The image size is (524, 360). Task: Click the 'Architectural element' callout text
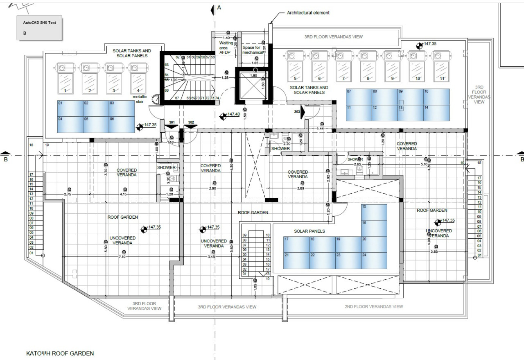(308, 13)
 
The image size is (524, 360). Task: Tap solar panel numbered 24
(374, 260)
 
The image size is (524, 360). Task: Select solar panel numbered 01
(70, 109)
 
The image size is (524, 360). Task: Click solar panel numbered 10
(436, 97)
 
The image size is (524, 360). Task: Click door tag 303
(297, 111)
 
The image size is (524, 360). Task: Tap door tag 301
(172, 122)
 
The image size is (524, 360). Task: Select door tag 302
(191, 122)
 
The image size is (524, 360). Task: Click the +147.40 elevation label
(233, 114)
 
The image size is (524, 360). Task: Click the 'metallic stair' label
(139, 99)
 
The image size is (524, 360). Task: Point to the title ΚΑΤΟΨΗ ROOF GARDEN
(60, 353)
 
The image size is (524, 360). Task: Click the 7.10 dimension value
(122, 257)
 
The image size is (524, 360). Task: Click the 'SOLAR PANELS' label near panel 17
(309, 231)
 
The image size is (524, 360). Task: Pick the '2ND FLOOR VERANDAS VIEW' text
(373, 307)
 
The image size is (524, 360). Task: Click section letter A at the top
(219, 7)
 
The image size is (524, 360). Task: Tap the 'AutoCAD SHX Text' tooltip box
(39, 28)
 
